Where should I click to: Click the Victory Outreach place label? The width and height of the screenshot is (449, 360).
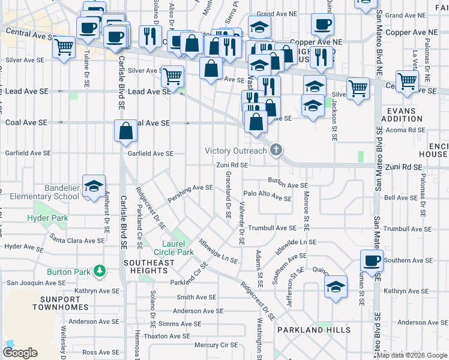(x=235, y=151)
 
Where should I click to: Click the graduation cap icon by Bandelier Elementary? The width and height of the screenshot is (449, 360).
(x=94, y=187)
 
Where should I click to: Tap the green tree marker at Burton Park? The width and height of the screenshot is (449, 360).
(x=100, y=272)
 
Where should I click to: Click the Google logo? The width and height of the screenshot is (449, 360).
(x=20, y=353)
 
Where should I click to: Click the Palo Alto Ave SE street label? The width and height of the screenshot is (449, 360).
(x=267, y=196)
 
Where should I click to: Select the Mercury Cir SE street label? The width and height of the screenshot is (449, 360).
(x=216, y=345)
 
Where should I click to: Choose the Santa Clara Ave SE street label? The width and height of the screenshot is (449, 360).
(x=77, y=241)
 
